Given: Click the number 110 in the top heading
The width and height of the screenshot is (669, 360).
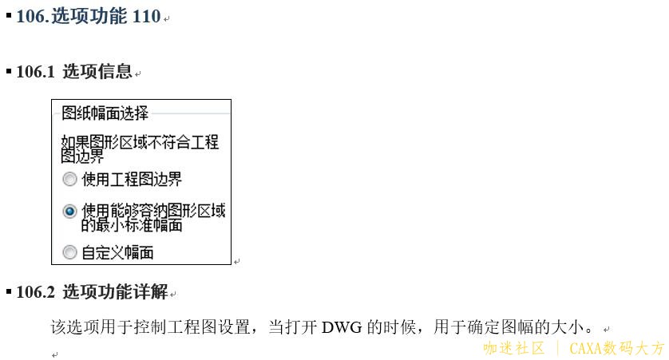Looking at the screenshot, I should tap(146, 17).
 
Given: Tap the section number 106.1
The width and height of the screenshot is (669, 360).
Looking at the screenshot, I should tap(35, 72).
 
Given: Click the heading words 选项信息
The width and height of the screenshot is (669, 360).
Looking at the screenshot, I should tap(97, 72).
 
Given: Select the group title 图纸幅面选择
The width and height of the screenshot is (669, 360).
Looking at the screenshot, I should tap(105, 113).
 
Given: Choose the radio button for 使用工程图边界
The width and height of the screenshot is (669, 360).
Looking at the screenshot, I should tap(69, 180).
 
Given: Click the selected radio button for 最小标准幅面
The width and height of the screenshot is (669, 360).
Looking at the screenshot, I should tap(69, 212).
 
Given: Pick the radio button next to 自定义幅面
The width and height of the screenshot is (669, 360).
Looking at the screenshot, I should tap(69, 253).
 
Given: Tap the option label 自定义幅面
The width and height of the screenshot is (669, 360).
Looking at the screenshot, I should tap(117, 253).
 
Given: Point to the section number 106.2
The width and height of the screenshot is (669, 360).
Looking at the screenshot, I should tap(35, 292).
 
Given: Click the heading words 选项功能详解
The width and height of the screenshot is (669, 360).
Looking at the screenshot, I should tap(115, 292).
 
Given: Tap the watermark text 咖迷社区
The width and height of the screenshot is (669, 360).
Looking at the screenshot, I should tap(513, 349).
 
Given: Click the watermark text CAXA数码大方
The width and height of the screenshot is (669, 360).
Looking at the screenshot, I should tap(616, 349).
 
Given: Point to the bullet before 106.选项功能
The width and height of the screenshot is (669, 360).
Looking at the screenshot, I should tap(9, 15).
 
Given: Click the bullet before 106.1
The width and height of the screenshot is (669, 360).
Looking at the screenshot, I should tap(9, 71).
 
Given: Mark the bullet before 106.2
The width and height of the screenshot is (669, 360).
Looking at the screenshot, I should tap(9, 291).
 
